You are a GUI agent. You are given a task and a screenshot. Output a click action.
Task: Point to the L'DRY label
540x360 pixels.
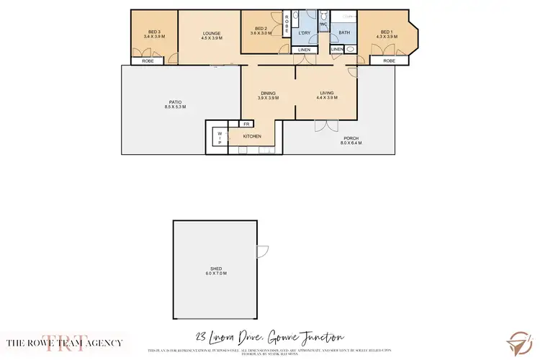(304, 33)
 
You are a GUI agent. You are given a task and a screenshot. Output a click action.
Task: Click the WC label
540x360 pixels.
(323, 24)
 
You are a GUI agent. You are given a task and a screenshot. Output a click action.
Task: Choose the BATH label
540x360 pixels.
(344, 32)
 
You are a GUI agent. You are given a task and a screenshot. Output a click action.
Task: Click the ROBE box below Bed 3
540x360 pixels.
(148, 61)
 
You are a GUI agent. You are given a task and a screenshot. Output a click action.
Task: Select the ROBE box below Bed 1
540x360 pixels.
(389, 61)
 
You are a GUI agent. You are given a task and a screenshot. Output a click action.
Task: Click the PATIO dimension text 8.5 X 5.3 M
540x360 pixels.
(175, 107)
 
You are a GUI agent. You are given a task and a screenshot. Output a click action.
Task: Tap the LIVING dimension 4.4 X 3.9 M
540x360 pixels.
(328, 98)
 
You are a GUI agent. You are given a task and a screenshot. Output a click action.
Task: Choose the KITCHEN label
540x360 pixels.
(251, 136)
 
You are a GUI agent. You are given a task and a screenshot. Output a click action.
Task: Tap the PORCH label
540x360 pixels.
(351, 138)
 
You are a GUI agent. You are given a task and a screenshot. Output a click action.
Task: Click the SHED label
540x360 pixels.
(217, 270)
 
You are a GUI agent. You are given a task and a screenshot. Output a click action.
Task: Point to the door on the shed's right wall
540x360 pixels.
(262, 253)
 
